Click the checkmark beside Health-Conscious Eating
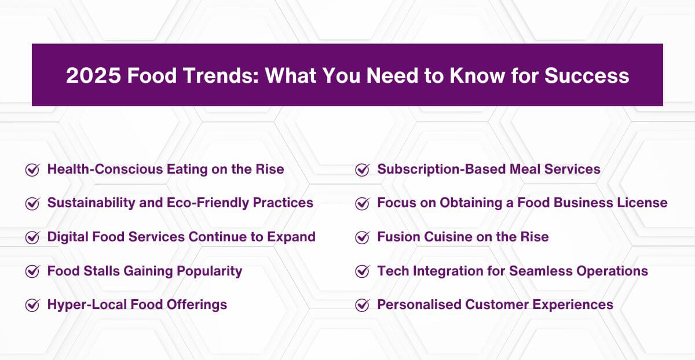click(32, 170)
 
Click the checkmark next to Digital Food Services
click(32, 237)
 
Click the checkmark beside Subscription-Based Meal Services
click(362, 170)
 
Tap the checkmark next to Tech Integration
click(362, 271)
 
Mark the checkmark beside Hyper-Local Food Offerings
click(32, 305)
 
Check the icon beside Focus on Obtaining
click(362, 203)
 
